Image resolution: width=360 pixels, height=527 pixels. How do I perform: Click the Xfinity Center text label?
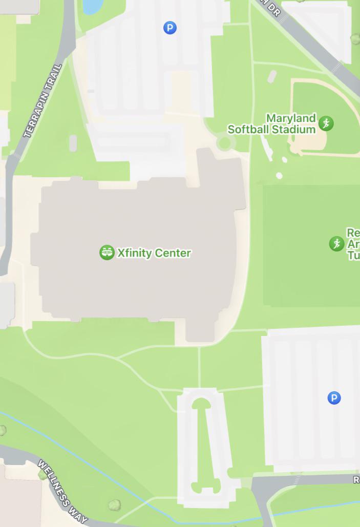154,253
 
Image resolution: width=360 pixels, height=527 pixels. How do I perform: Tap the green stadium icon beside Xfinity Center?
107,252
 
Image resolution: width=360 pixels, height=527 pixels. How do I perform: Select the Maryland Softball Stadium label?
271,124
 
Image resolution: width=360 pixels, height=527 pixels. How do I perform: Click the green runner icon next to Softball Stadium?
326,123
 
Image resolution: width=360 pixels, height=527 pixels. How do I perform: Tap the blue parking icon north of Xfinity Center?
170,28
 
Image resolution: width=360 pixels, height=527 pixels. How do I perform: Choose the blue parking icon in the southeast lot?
334,398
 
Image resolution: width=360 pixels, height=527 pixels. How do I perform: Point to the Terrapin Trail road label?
43,101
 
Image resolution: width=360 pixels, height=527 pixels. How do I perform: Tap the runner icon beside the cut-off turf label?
336,244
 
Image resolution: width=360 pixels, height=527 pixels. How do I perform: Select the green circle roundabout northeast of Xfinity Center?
224,143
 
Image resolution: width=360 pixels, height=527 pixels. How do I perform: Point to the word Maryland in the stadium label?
291,118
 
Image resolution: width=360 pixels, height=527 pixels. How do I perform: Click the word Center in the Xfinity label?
173,253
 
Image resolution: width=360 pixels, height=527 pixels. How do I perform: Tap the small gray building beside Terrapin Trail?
73,143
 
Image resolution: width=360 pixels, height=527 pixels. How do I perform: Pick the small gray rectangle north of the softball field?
272,76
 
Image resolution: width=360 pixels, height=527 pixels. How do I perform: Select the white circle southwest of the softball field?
279,176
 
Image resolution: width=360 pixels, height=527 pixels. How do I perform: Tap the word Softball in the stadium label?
249,130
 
